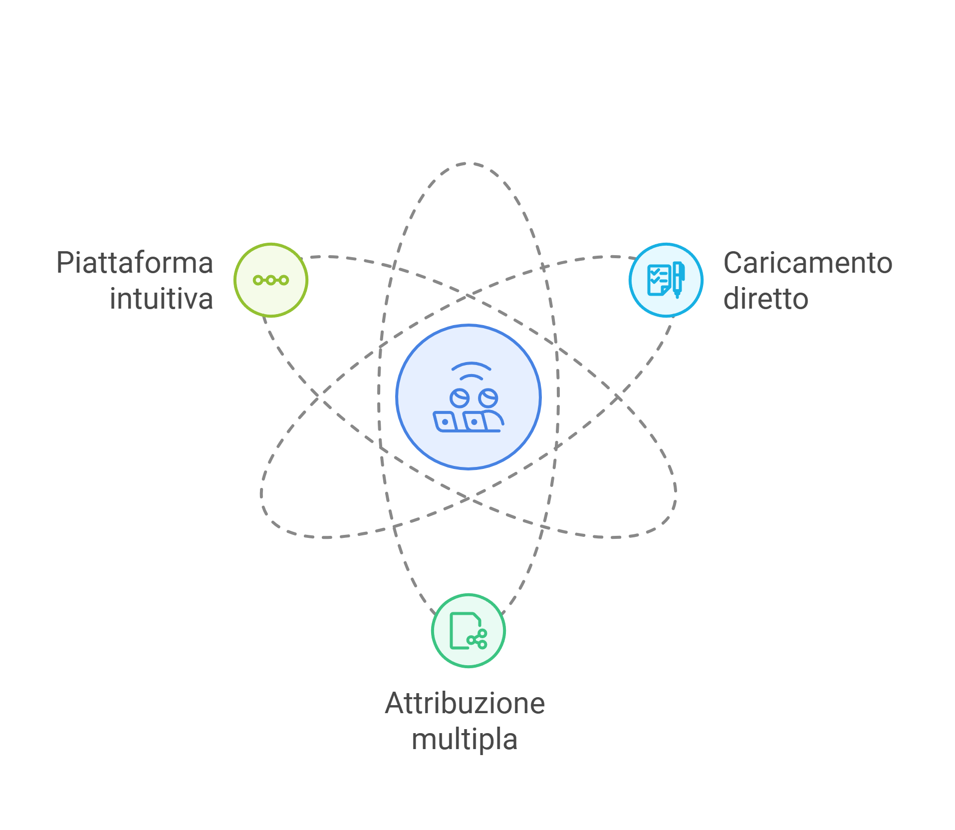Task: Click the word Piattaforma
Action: click(135, 263)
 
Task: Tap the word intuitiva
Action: click(161, 299)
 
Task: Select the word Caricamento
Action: click(807, 263)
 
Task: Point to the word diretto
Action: click(765, 299)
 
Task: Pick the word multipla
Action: click(464, 739)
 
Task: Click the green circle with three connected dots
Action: click(271, 280)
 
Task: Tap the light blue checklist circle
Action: click(666, 280)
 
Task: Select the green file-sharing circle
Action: click(468, 630)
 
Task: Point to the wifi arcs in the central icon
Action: click(471, 370)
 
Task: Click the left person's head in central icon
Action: click(459, 398)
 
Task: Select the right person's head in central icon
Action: click(487, 398)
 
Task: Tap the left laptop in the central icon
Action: click(445, 421)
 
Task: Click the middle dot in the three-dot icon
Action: click(271, 280)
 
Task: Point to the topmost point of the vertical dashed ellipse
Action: click(468, 163)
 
